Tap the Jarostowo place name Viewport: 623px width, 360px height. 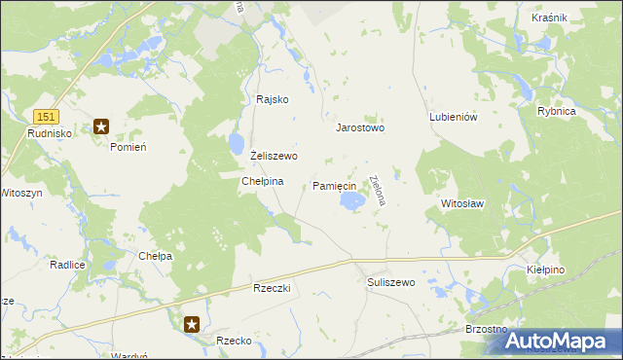[360, 127]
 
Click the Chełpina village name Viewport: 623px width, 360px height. [262, 181]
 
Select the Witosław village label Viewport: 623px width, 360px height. [462, 204]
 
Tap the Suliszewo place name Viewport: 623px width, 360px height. [391, 282]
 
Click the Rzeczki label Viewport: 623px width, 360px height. [272, 289]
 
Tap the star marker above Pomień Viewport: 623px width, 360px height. [100, 126]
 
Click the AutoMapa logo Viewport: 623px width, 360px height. [562, 342]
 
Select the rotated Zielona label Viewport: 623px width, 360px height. [378, 190]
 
